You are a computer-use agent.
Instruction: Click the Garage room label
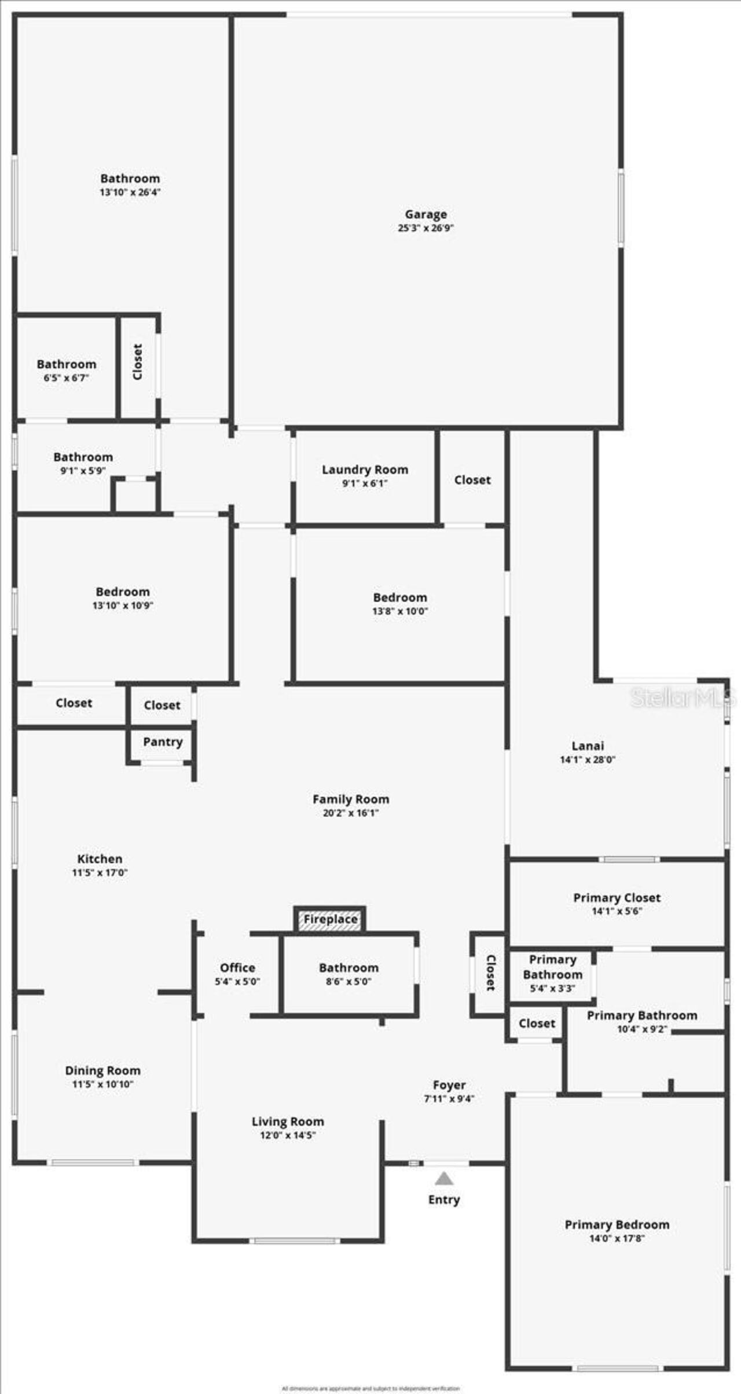coord(425,214)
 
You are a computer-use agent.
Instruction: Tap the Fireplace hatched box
coord(330,919)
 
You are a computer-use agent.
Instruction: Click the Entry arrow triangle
coord(444,1178)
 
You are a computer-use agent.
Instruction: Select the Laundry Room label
coord(365,469)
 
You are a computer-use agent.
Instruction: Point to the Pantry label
coord(163,742)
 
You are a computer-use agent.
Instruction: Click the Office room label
coord(237,967)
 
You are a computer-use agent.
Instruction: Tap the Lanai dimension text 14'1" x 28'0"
coord(587,760)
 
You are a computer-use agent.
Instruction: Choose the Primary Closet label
coord(617,898)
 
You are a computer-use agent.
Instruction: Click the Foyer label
coord(449,1085)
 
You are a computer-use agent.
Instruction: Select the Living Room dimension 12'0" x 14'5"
coord(287,1135)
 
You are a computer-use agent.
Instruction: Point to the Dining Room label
coord(102,1070)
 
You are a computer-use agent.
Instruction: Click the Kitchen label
coord(100,859)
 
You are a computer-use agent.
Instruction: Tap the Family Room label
coord(351,799)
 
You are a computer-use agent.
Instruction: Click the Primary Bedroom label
coord(617,1224)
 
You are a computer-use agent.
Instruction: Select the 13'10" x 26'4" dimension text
coord(130,192)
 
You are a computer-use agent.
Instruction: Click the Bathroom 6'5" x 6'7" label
coord(66,364)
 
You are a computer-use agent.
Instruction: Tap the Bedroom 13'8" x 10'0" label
coord(399,597)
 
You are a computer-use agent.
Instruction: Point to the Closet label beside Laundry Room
coord(472,480)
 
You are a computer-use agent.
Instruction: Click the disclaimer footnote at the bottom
coord(370,1388)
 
